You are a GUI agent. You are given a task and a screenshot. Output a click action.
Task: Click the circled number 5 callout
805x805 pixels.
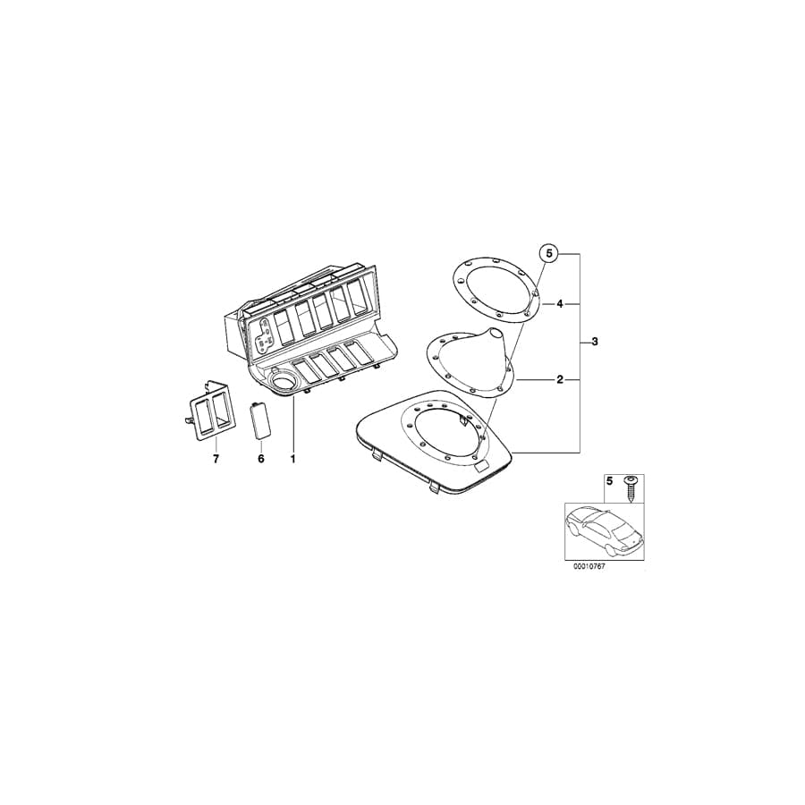[x=548, y=253]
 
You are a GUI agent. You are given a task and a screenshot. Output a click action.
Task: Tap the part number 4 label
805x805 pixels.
[x=560, y=304]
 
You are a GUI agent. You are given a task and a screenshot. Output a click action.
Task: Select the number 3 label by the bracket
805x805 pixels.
[x=595, y=342]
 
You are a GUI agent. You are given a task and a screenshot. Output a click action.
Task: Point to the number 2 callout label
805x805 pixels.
[x=560, y=380]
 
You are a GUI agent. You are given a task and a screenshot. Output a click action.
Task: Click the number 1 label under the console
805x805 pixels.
[x=292, y=459]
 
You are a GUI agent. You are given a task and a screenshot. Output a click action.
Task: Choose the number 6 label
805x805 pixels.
[x=261, y=459]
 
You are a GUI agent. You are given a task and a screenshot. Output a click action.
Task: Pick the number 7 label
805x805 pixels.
[x=216, y=459]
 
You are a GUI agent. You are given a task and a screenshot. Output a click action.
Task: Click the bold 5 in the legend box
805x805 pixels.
[x=610, y=481]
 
